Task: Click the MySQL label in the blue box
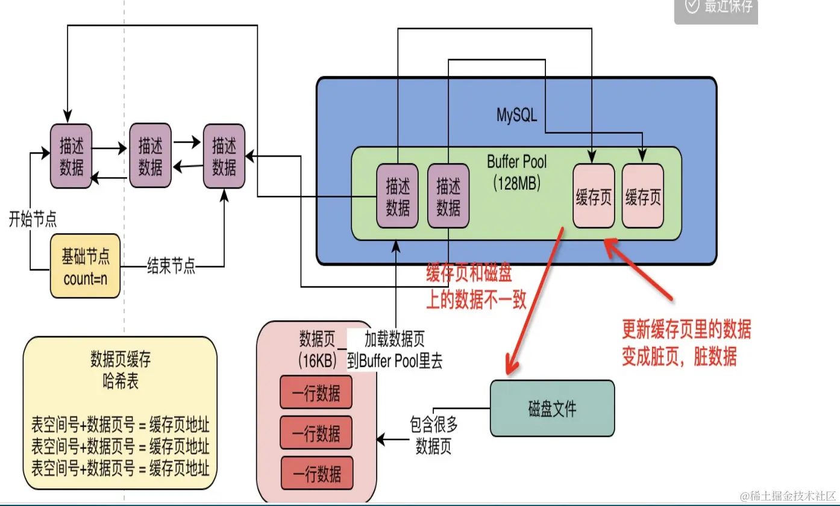tap(516, 114)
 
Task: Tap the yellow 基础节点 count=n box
tap(86, 266)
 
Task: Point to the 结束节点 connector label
tap(171, 266)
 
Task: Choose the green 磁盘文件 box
tap(552, 408)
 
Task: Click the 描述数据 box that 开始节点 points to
tap(72, 156)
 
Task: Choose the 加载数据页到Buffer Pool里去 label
tap(395, 351)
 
